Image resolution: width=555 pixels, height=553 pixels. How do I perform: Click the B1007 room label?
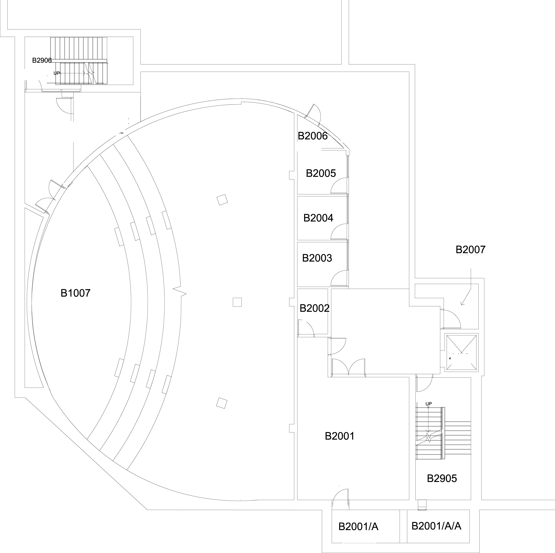76,293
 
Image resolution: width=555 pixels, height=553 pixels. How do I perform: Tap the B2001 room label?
340,436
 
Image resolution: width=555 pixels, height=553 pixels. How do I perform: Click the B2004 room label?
318,218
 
